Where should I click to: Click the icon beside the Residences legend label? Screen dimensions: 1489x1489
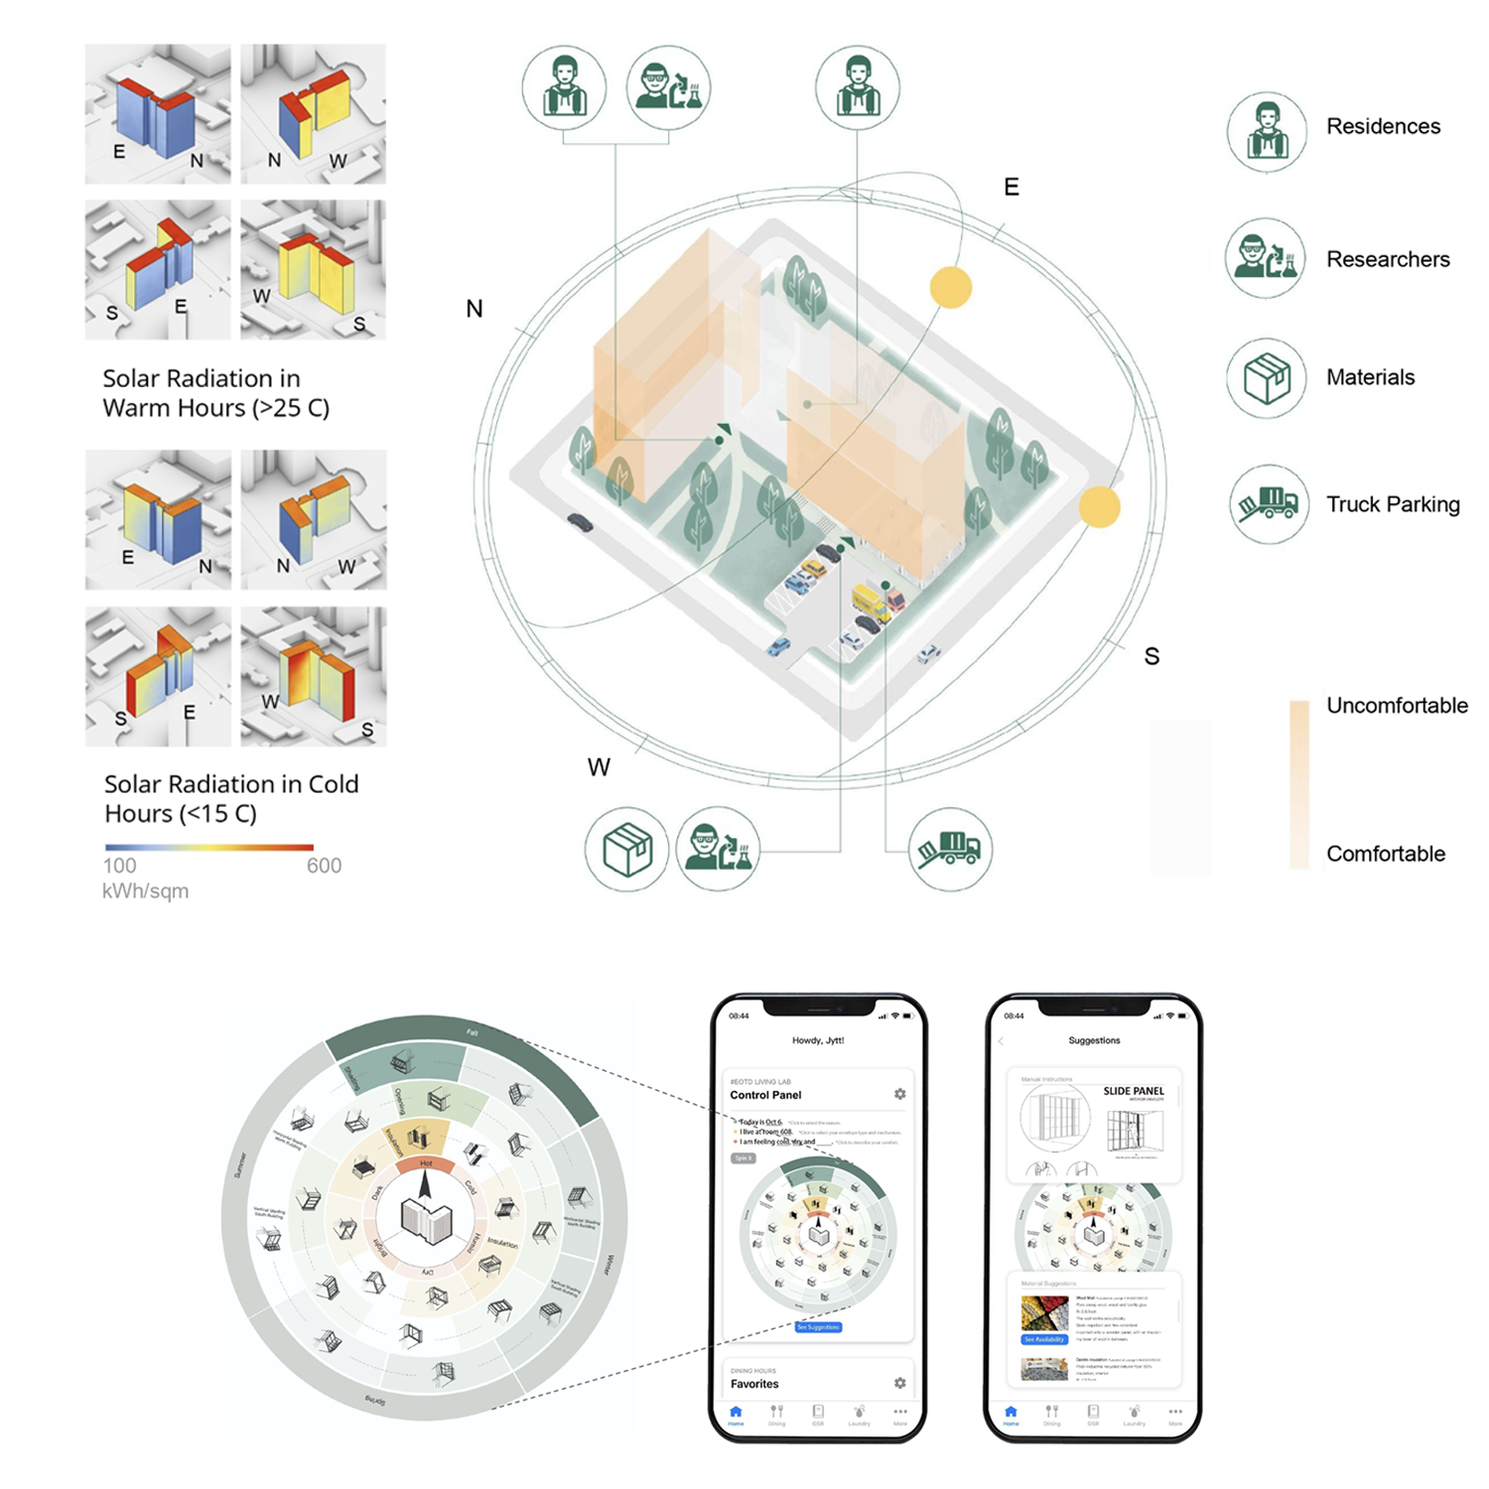pos(1266,133)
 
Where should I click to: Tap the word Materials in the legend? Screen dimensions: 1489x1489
pos(1370,377)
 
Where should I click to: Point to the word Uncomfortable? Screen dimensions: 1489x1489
pos(1397,706)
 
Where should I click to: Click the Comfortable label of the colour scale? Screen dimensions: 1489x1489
pos(1386,854)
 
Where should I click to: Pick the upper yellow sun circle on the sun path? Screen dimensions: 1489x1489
pos(951,288)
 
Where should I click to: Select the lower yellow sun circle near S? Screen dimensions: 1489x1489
pos(1099,506)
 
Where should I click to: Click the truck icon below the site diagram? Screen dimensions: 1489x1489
pos(950,850)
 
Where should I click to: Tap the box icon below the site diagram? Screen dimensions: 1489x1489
pos(627,850)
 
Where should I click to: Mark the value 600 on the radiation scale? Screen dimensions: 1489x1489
pos(324,866)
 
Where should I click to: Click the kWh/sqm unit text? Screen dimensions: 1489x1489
pos(145,891)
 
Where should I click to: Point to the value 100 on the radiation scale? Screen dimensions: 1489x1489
pos(120,866)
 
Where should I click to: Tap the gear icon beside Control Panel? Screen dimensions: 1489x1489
pos(900,1094)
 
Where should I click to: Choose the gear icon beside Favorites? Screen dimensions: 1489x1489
pos(900,1383)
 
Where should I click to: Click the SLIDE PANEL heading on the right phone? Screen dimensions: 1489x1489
pos(1134,1091)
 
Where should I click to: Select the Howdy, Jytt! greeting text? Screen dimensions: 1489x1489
pos(818,1040)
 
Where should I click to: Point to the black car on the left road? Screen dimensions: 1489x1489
pos(580,522)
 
